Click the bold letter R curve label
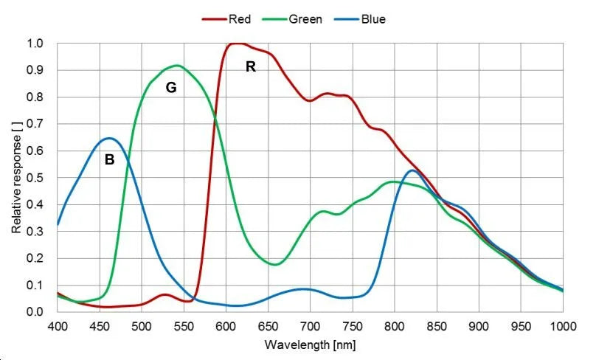tap(251, 67)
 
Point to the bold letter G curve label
tap(170, 88)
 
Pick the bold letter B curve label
tap(109, 159)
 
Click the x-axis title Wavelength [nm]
tap(311, 345)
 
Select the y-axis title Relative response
tap(16, 176)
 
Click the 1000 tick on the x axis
tap(562, 325)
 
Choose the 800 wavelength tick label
tap(395, 325)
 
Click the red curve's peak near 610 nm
tap(235, 44)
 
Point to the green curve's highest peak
tap(177, 66)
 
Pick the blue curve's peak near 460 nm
tap(108, 138)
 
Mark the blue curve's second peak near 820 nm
tap(412, 171)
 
